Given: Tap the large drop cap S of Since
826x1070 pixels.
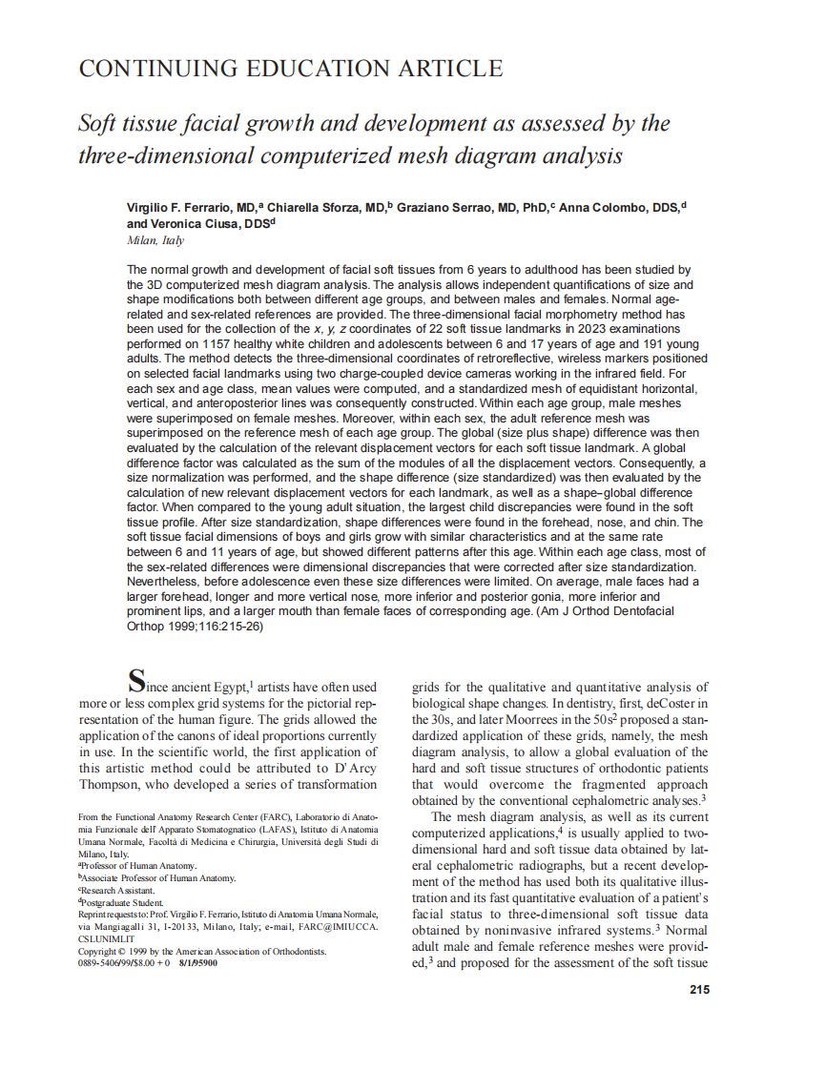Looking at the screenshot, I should (137, 680).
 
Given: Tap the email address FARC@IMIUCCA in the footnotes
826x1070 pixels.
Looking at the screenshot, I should (342, 926).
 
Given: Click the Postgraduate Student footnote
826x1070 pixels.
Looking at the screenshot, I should (123, 901).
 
